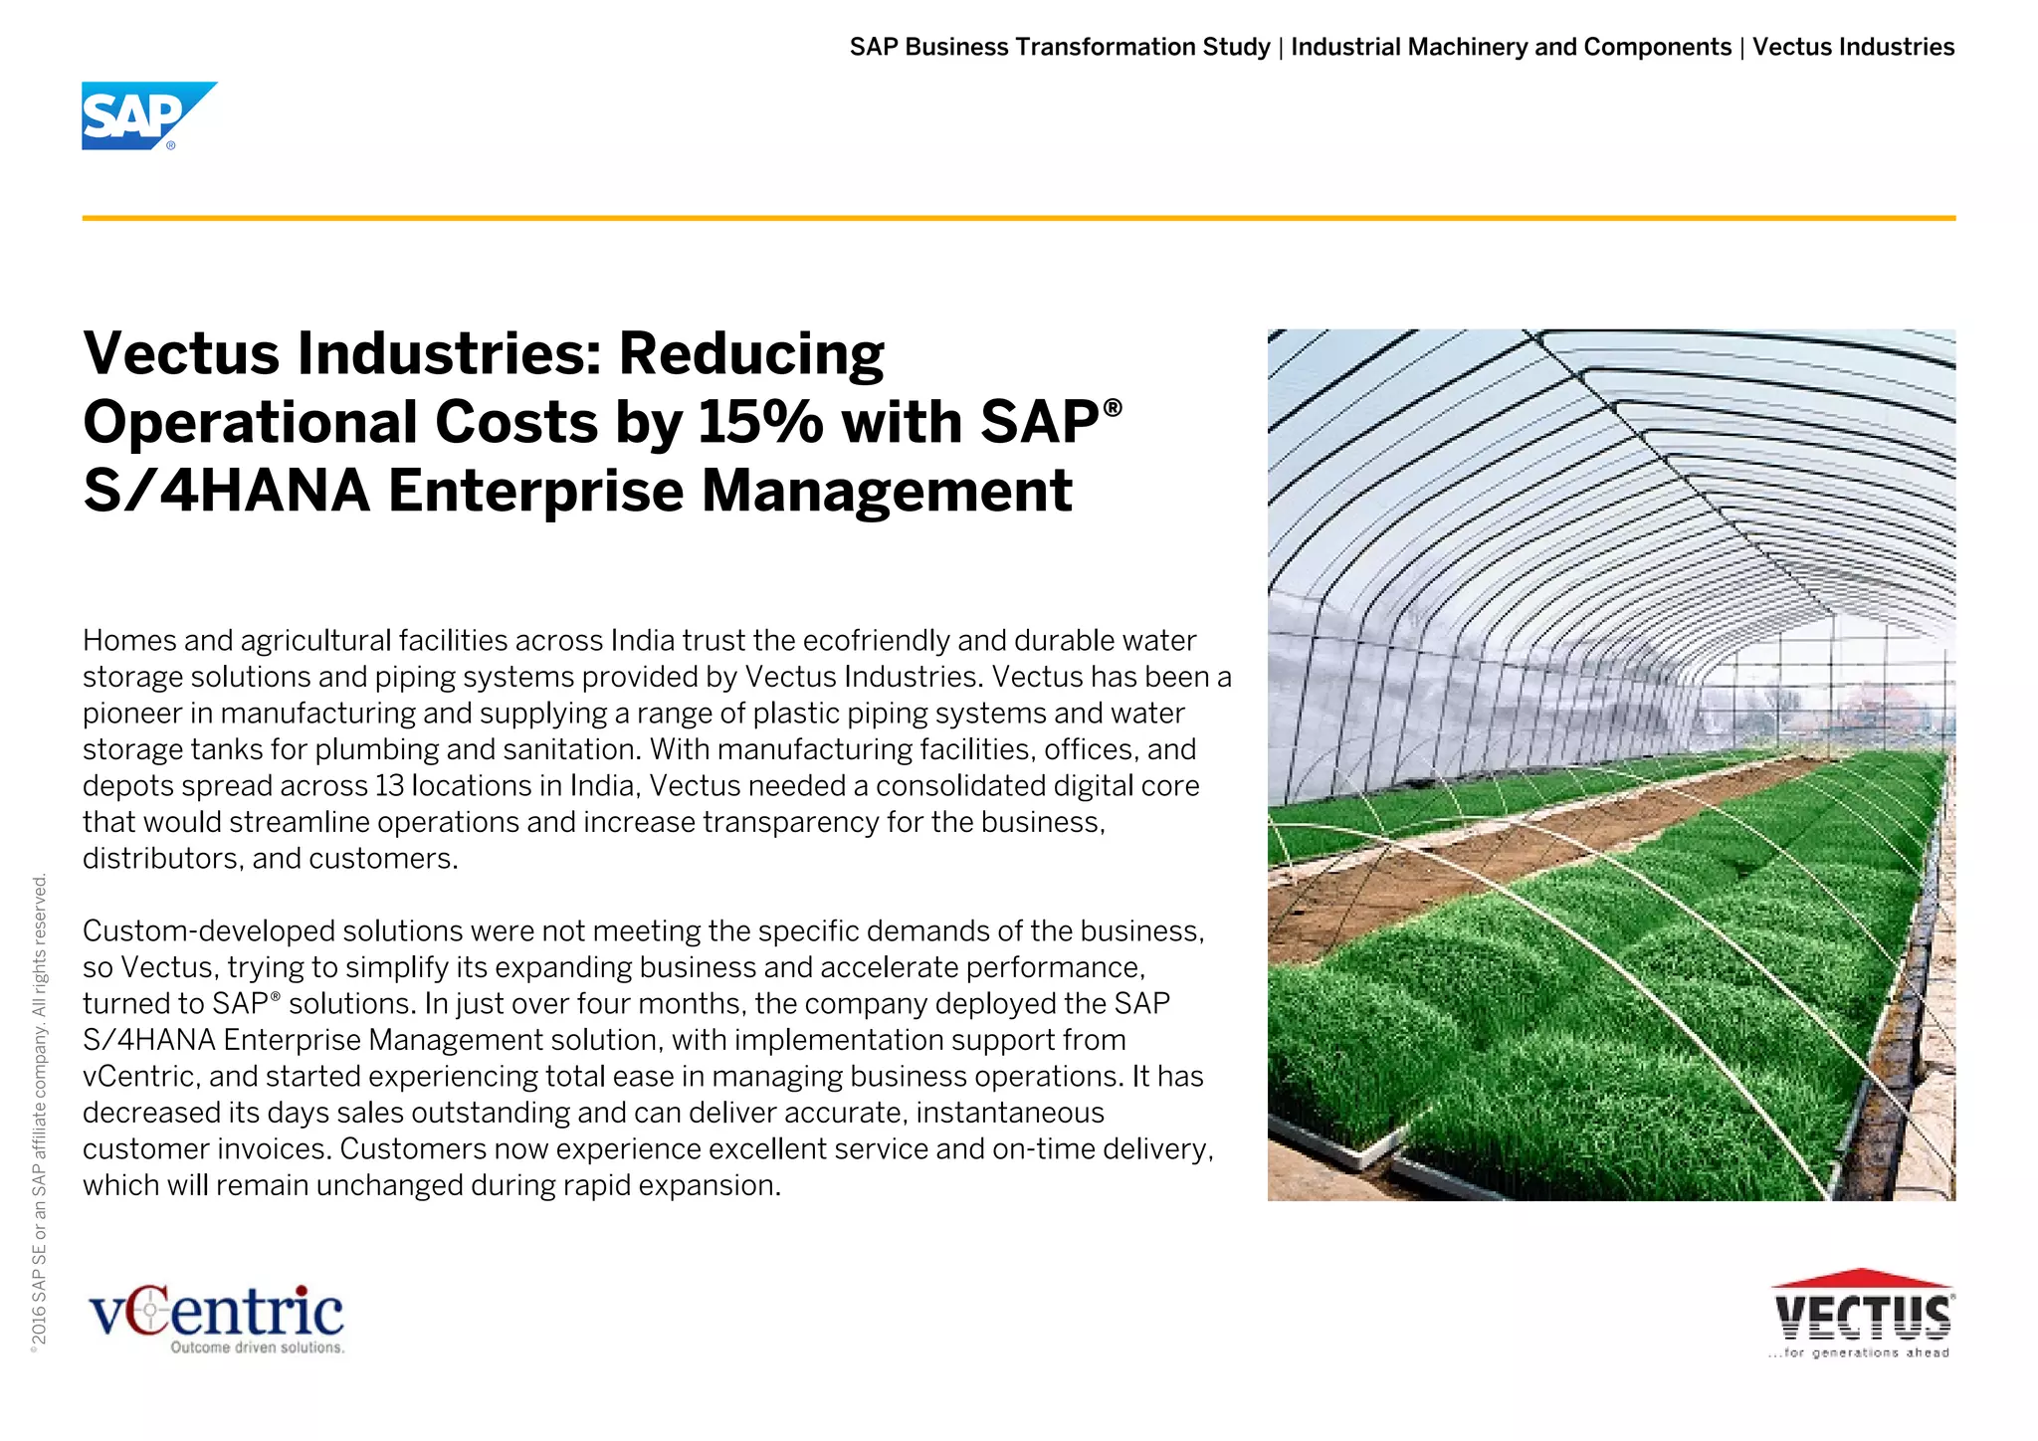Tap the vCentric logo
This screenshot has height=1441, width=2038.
(217, 1316)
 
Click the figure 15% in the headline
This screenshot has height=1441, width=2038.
(760, 422)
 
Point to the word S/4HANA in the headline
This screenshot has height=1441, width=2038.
(227, 492)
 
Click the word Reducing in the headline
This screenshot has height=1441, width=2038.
(751, 354)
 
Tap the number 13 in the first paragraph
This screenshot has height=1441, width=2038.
(389, 786)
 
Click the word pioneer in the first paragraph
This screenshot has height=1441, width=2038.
(147, 714)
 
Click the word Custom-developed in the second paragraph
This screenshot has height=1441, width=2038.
(209, 931)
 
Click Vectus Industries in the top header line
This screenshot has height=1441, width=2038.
(1853, 47)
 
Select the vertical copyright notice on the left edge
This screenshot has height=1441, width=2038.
(40, 1110)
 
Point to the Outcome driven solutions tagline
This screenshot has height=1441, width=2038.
(258, 1347)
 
